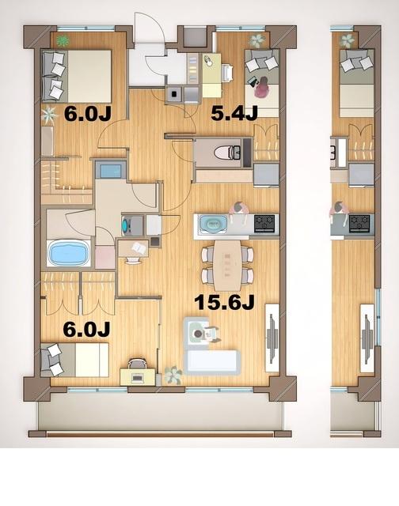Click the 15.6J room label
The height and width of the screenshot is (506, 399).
tap(224, 304)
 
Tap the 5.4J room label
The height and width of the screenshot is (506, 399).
tap(234, 114)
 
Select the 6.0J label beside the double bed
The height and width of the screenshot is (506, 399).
tap(87, 113)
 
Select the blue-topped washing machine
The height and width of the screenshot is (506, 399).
tap(109, 169)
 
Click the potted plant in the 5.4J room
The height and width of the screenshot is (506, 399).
tap(256, 40)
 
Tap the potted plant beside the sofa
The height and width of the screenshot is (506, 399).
tap(173, 374)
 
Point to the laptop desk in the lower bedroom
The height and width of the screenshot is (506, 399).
tap(137, 373)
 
